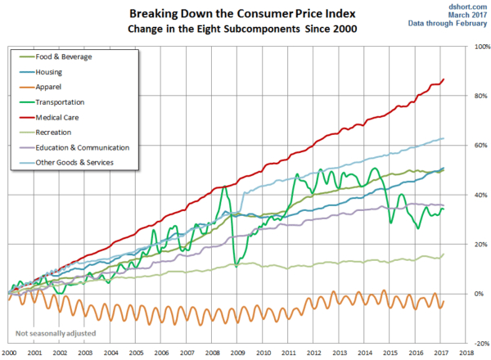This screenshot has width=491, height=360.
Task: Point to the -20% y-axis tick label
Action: pos(479,344)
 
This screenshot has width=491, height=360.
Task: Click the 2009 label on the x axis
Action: pos(237,351)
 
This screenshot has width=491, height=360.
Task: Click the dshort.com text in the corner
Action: pos(469,6)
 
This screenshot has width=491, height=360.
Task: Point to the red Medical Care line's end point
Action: pos(444,79)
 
